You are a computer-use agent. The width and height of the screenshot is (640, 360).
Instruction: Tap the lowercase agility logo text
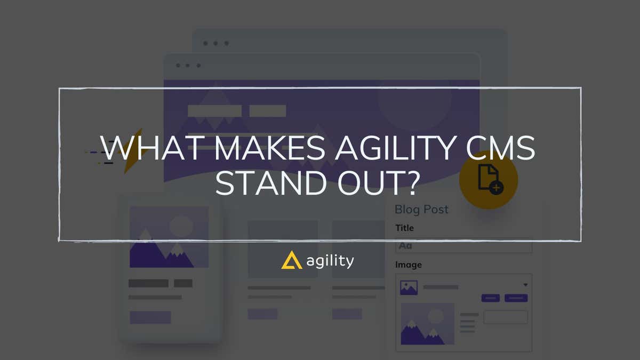click(330, 261)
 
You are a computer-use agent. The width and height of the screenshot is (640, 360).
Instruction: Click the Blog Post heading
click(421, 209)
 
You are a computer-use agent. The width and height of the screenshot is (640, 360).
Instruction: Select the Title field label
click(404, 228)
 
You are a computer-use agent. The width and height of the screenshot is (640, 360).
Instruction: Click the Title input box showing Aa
click(463, 246)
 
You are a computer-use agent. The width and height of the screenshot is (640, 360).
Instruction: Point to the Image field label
click(408, 265)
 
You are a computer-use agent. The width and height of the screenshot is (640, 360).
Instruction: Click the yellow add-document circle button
click(489, 179)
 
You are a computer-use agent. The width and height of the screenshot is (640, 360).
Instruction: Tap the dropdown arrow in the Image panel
click(525, 285)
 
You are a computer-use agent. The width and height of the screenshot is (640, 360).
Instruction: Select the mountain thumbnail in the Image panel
click(427, 324)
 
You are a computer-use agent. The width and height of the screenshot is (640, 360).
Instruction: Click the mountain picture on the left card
click(169, 237)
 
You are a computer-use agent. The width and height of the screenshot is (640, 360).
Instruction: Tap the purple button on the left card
click(150, 317)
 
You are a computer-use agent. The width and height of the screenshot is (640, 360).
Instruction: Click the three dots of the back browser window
click(216, 43)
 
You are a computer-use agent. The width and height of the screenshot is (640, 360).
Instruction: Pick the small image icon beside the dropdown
click(409, 288)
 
